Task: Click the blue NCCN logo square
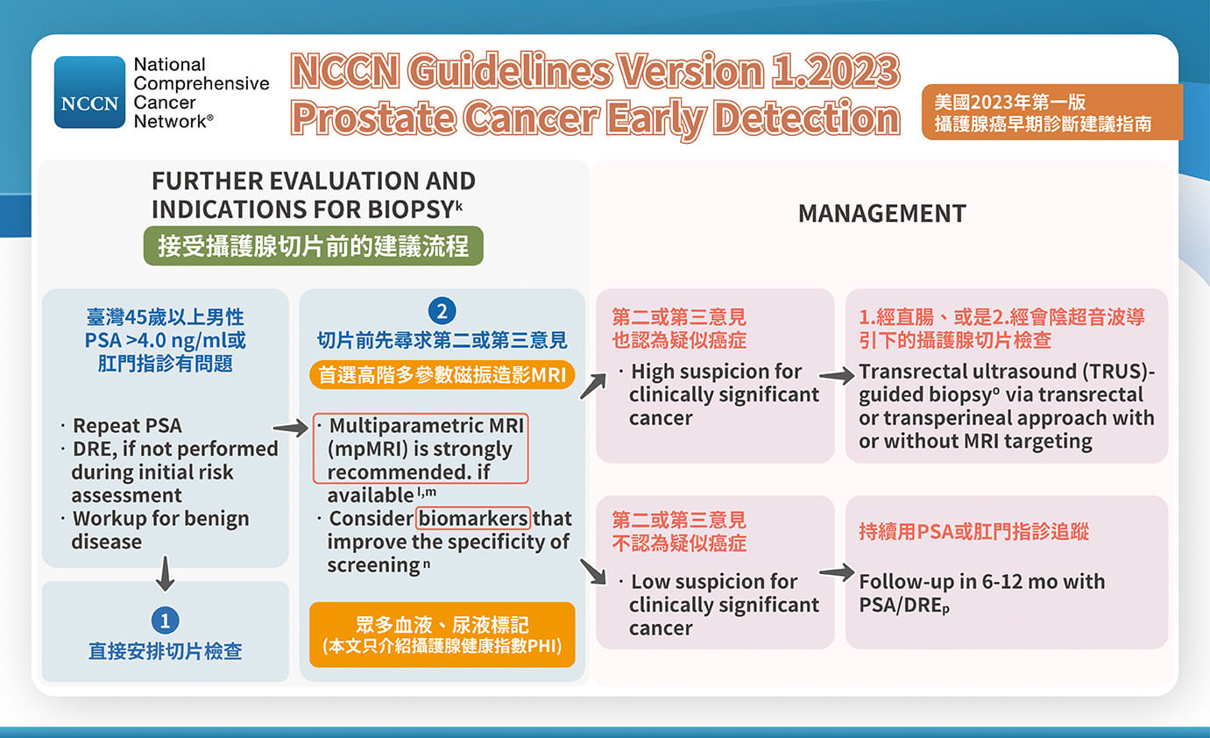click(x=90, y=92)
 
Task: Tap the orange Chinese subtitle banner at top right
click(x=1051, y=113)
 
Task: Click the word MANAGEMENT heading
click(x=881, y=213)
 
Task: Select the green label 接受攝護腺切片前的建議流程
click(x=313, y=245)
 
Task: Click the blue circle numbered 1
click(x=165, y=621)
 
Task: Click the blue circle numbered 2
click(x=442, y=311)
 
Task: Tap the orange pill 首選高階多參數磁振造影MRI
click(x=442, y=375)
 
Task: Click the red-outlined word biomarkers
click(x=473, y=518)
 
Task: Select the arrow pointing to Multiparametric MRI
click(x=291, y=428)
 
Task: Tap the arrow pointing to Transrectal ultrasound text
click(x=837, y=376)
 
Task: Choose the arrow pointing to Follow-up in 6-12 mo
click(x=837, y=573)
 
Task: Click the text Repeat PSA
click(x=127, y=426)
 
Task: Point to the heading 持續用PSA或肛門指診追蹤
click(x=973, y=532)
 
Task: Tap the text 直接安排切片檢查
click(x=165, y=651)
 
